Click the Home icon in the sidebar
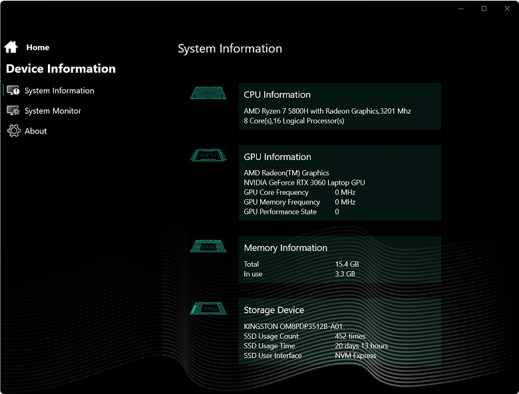click(x=11, y=47)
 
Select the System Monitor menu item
click(x=53, y=111)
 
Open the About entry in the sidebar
click(x=35, y=131)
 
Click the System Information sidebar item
click(x=59, y=90)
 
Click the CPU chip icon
click(x=208, y=93)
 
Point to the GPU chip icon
click(x=208, y=155)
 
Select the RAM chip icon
click(x=208, y=246)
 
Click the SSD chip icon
click(x=208, y=308)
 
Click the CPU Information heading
click(x=277, y=95)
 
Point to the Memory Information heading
click(x=285, y=248)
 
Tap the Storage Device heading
click(x=273, y=310)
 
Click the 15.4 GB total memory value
click(x=347, y=264)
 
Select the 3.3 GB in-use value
click(x=345, y=274)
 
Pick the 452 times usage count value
click(x=350, y=336)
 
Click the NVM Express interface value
click(x=355, y=355)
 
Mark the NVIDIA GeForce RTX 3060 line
click(x=304, y=183)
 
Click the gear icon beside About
click(x=13, y=131)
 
